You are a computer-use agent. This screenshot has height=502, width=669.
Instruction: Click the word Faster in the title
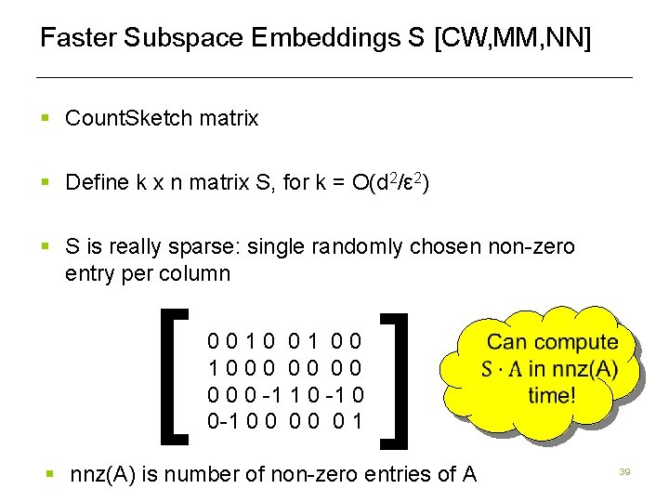pyautogui.click(x=78, y=39)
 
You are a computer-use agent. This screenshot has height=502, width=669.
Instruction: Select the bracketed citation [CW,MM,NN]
pyautogui.click(x=512, y=39)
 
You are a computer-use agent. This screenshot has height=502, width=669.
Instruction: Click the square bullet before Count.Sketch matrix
pyautogui.click(x=45, y=119)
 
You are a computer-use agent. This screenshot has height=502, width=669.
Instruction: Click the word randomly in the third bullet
pyautogui.click(x=352, y=247)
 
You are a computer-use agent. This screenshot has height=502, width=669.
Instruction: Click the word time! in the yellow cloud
pyautogui.click(x=552, y=395)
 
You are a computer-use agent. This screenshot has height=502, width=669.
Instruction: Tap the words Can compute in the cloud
pyautogui.click(x=552, y=343)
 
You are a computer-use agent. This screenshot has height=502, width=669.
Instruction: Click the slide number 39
pyautogui.click(x=625, y=473)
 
